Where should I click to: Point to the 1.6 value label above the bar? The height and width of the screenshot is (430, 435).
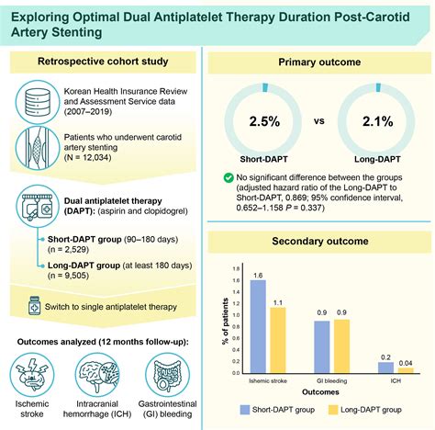point(259,274)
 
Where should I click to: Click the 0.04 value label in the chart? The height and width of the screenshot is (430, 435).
point(404,363)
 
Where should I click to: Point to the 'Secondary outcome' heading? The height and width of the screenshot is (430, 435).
point(320,243)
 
